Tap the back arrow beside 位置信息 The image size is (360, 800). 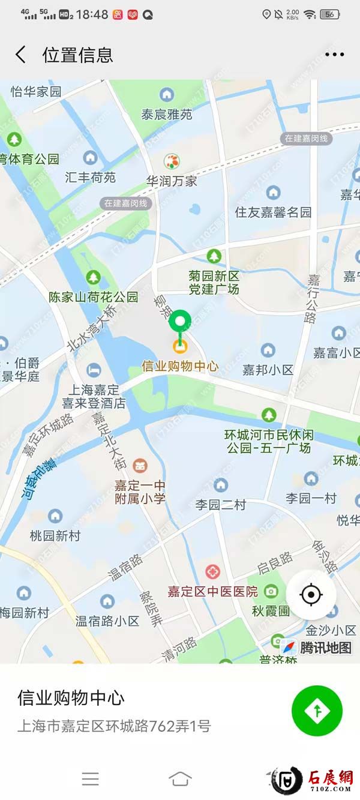click(20, 55)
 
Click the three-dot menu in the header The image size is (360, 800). click(334, 55)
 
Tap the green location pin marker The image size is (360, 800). click(179, 322)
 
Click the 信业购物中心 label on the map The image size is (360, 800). click(179, 365)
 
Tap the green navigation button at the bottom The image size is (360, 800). click(317, 711)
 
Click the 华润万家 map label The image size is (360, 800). click(172, 180)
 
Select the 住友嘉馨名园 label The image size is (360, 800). click(273, 212)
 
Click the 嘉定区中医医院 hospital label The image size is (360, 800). click(212, 591)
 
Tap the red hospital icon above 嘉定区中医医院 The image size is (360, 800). click(212, 571)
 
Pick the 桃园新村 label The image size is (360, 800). click(55, 535)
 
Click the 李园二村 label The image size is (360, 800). click(220, 505)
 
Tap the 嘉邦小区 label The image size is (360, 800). click(268, 370)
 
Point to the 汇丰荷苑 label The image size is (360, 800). click(90, 177)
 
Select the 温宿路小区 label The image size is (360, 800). click(107, 621)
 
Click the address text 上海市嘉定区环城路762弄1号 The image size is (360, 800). click(114, 726)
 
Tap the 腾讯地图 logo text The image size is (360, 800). click(325, 648)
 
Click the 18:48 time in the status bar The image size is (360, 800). click(92, 14)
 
